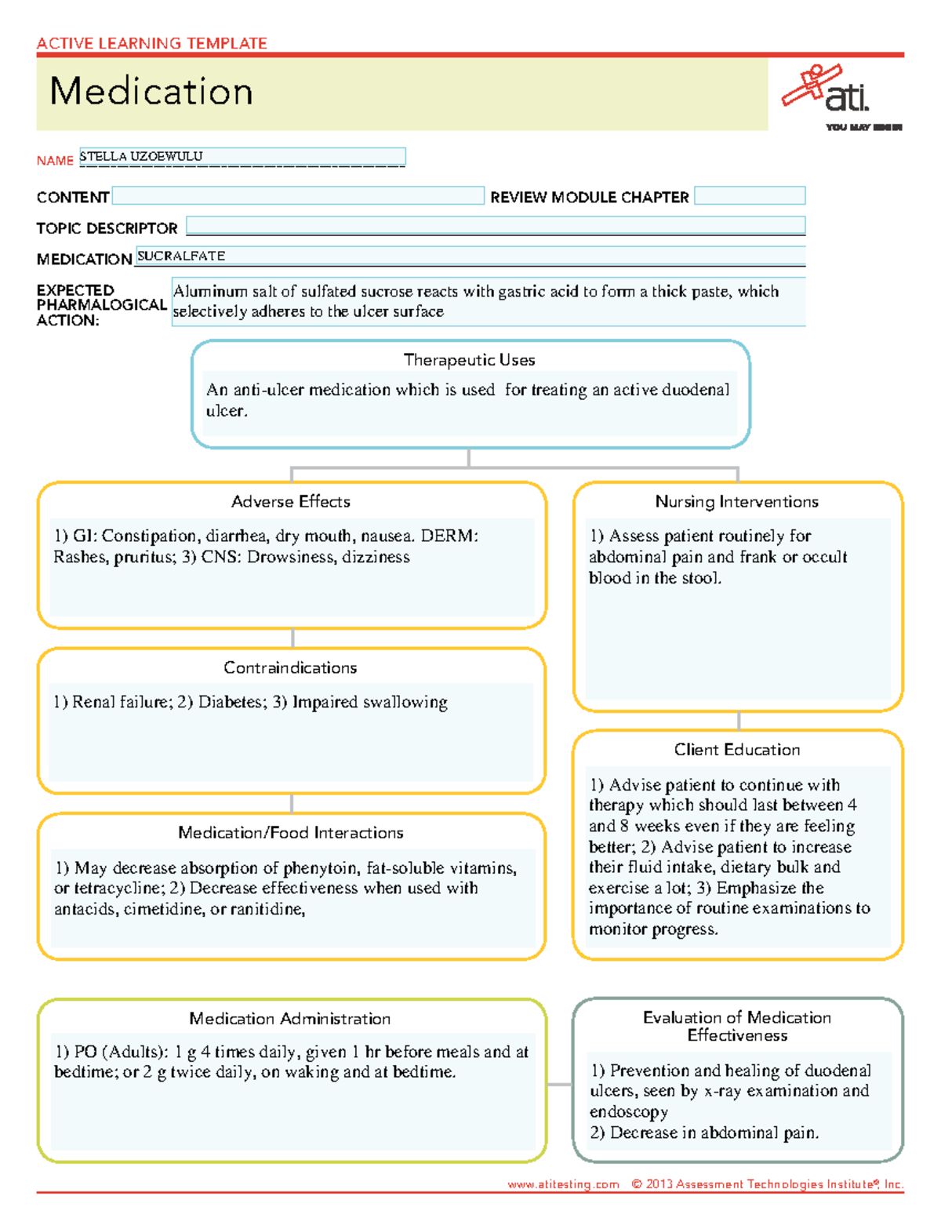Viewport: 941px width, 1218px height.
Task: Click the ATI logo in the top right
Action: (831, 92)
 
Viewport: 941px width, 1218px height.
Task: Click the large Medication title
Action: (151, 92)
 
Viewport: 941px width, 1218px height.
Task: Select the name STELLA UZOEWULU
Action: (141, 156)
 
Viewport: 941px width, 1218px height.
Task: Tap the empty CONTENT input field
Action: (298, 196)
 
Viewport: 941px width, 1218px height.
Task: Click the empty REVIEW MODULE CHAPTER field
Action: (750, 196)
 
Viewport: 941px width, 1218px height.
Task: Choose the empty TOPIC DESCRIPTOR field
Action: (496, 227)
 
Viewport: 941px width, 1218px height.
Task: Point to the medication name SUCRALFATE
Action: (181, 256)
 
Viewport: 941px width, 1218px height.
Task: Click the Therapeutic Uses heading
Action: (469, 360)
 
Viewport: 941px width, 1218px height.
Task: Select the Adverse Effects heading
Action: (291, 502)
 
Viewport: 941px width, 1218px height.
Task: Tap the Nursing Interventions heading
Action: (737, 502)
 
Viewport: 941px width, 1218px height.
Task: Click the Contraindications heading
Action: (290, 668)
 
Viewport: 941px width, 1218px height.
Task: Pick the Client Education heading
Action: (737, 750)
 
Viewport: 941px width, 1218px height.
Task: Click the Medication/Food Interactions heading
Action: (291, 833)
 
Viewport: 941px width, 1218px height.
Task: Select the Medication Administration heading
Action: (290, 1019)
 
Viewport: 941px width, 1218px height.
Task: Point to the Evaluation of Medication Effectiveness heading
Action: (737, 1026)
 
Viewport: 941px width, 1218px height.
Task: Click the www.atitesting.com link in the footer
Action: (563, 1184)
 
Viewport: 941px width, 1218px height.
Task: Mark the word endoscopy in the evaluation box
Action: (629, 1112)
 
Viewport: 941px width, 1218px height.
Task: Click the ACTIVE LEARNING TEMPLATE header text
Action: (152, 44)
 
